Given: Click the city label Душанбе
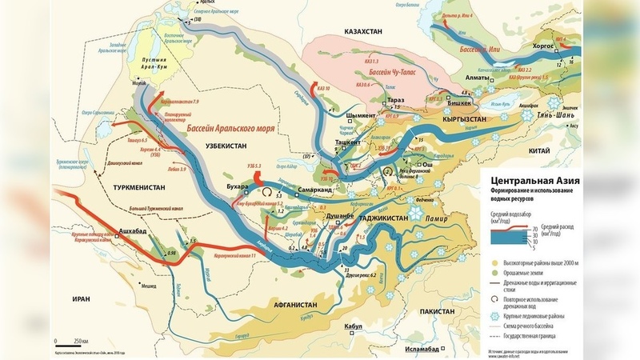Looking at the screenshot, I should coord(339,215).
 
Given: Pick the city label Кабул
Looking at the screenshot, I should coord(354,326).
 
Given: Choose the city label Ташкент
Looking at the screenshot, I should coord(346,140).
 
